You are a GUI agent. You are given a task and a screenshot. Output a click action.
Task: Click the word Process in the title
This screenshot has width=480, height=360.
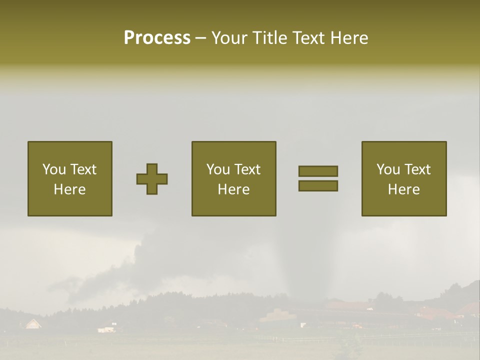pyautogui.click(x=157, y=38)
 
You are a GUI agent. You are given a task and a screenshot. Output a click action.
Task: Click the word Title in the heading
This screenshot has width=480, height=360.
pyautogui.click(x=269, y=38)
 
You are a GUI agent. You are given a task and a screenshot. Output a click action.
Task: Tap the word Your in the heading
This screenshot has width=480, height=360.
pyautogui.click(x=229, y=38)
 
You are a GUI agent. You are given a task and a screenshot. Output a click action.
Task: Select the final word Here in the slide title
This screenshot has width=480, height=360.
pyautogui.click(x=349, y=38)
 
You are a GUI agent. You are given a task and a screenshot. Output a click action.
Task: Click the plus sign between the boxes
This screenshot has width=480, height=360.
pyautogui.click(x=152, y=178)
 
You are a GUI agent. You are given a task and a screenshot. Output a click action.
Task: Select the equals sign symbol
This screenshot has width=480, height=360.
pyautogui.click(x=318, y=178)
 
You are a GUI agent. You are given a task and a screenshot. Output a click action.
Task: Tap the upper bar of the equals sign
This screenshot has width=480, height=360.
pyautogui.click(x=318, y=171)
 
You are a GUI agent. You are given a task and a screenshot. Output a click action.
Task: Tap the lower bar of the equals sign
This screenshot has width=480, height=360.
pyautogui.click(x=318, y=186)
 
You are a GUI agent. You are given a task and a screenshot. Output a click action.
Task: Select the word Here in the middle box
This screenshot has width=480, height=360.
pyautogui.click(x=233, y=189)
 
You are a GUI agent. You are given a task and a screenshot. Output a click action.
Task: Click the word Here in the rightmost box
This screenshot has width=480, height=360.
pyautogui.click(x=404, y=189)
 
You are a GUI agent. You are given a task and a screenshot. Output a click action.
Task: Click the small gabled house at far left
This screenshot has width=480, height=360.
pyautogui.click(x=33, y=323)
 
